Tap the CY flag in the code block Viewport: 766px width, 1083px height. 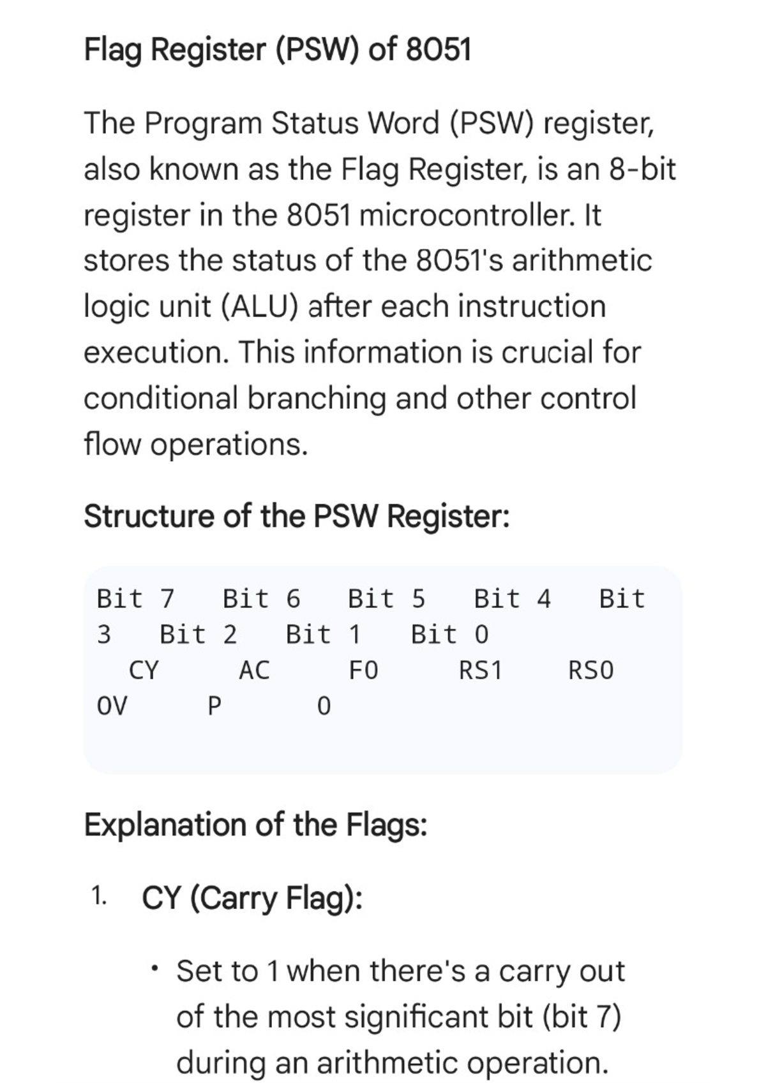point(144,670)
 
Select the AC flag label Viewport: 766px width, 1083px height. point(254,670)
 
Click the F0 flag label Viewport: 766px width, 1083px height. point(363,670)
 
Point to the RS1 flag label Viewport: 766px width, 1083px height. point(481,670)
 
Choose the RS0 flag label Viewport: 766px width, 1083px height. point(590,670)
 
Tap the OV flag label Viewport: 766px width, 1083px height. point(112,706)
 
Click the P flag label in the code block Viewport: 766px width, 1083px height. point(214,706)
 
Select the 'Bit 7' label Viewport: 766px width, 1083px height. point(135,599)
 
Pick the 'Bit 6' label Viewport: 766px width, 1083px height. point(261,599)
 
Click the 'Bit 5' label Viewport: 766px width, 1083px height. point(386,599)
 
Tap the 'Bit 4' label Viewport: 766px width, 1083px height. point(512,599)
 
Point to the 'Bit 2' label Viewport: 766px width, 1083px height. point(198,635)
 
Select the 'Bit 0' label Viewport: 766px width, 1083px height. point(449,635)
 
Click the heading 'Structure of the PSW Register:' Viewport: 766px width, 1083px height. point(297,516)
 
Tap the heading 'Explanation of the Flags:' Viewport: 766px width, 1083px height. point(255,825)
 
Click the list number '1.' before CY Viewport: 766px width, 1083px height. point(98,897)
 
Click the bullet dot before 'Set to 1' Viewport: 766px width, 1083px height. point(154,970)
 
